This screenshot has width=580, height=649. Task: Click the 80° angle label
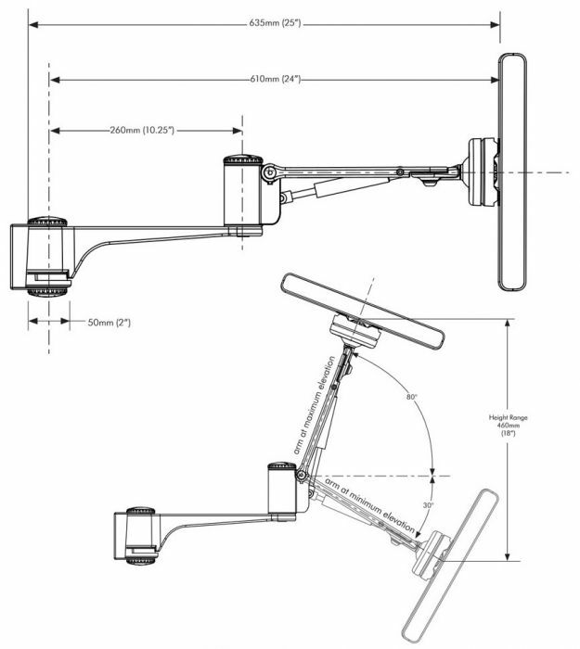(411, 397)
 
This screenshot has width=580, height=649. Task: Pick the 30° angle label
(426, 506)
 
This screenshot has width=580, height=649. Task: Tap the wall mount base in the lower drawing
(138, 543)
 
